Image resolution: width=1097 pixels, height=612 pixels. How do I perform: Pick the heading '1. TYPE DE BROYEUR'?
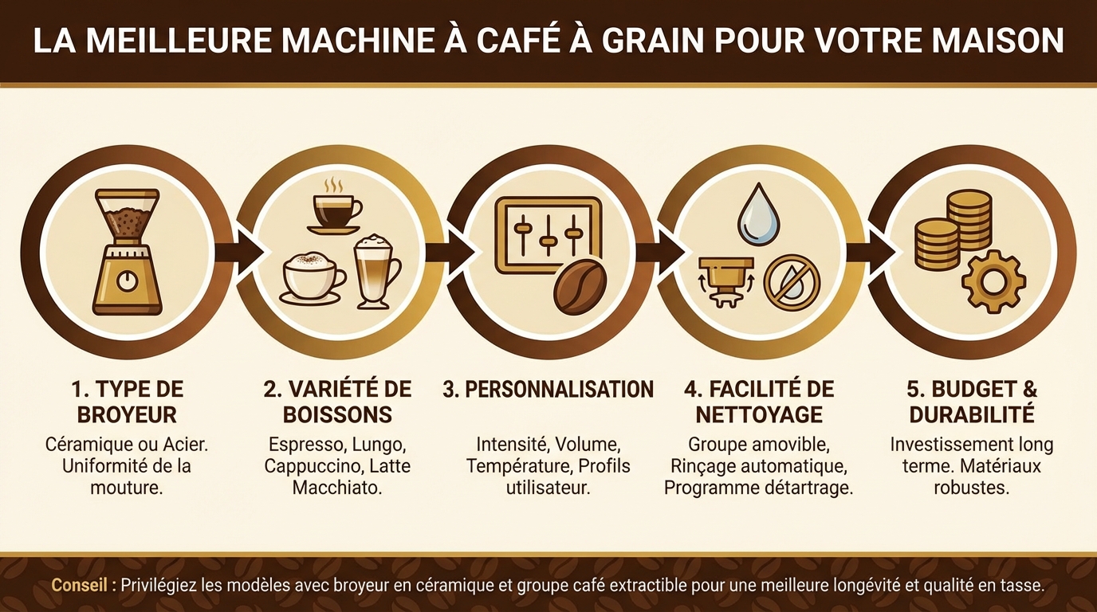click(x=127, y=402)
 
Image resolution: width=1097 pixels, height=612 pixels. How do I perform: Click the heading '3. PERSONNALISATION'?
click(x=548, y=390)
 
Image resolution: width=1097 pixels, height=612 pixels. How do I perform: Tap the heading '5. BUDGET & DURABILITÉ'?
click(x=972, y=402)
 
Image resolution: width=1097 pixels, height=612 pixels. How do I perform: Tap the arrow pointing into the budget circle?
click(x=863, y=253)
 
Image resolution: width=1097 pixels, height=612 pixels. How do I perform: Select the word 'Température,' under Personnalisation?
click(x=520, y=465)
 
